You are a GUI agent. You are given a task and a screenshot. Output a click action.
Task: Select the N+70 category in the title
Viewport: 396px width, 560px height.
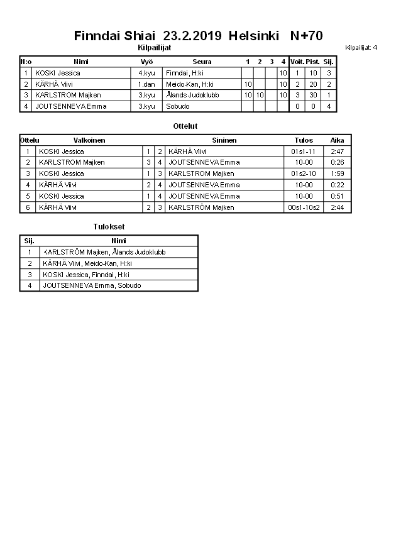point(306,36)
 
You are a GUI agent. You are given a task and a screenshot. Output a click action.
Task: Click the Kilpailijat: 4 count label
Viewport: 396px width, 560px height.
point(361,47)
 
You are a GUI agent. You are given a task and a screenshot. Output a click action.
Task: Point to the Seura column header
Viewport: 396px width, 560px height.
point(202,62)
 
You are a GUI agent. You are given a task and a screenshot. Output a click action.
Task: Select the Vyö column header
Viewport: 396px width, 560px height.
point(147,62)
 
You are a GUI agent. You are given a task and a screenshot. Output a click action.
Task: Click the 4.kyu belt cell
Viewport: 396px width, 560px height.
point(146,73)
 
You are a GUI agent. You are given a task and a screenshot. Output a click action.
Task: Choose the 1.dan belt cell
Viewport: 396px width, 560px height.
point(147,84)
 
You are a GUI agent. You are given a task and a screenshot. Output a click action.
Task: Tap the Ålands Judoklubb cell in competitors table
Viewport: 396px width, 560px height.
point(192,95)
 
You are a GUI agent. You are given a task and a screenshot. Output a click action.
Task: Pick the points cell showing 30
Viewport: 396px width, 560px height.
point(312,95)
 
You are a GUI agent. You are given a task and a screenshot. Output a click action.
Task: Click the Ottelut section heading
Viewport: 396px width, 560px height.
point(185,126)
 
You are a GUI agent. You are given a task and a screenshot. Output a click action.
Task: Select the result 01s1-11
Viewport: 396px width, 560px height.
point(303,151)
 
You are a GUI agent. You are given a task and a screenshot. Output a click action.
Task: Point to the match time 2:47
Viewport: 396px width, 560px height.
point(337,151)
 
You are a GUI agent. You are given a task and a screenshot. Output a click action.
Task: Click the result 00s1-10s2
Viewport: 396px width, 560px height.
point(303,207)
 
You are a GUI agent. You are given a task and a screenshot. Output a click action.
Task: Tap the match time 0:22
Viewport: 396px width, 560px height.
point(337,185)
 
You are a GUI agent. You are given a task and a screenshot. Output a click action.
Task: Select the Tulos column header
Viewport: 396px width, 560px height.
point(304,140)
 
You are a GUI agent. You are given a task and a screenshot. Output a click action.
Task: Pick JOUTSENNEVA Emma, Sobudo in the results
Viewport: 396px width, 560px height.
point(92,285)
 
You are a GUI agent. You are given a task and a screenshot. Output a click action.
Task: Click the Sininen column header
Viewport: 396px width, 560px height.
point(224,140)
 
